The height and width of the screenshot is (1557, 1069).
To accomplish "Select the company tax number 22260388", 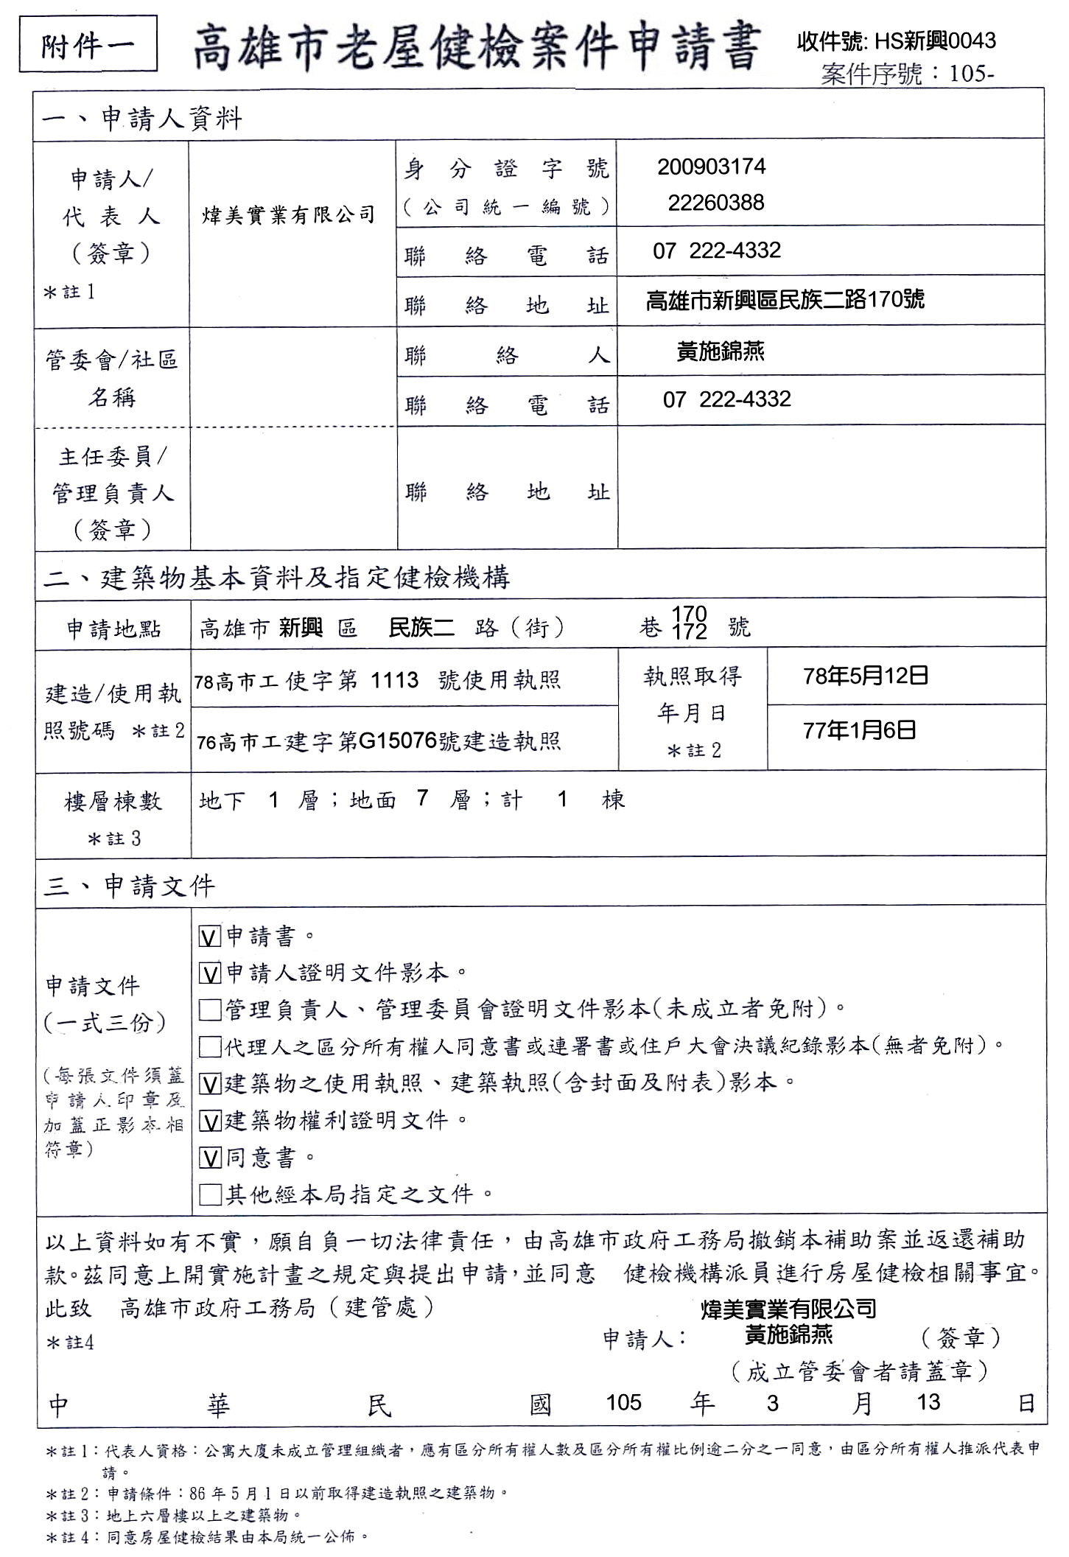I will [715, 203].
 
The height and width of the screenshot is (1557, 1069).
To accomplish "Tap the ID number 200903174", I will [711, 167].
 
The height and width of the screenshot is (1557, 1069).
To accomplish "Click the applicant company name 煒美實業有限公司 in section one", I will [289, 215].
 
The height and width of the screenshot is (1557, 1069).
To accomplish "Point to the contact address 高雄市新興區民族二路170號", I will [785, 300].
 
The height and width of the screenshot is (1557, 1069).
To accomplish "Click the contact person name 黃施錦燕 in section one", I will [720, 351].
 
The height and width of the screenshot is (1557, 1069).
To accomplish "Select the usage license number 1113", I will [394, 679].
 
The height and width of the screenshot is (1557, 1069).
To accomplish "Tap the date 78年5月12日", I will [865, 676].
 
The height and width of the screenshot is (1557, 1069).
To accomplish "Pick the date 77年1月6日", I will [859, 731].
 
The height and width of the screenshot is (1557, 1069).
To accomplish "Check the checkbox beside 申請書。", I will [210, 937].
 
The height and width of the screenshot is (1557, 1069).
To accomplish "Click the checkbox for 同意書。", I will [210, 1158].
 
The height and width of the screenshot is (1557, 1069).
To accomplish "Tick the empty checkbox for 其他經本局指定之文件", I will [210, 1194].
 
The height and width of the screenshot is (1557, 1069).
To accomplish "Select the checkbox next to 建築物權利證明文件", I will [210, 1122].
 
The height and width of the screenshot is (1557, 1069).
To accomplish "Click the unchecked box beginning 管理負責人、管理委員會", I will [210, 1009].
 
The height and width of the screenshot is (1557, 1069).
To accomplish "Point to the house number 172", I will [690, 632].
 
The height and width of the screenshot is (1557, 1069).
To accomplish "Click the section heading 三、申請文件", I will [129, 886].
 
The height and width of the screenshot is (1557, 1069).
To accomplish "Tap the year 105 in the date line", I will [623, 1402].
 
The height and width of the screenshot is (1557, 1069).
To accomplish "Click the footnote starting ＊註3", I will [174, 1515].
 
